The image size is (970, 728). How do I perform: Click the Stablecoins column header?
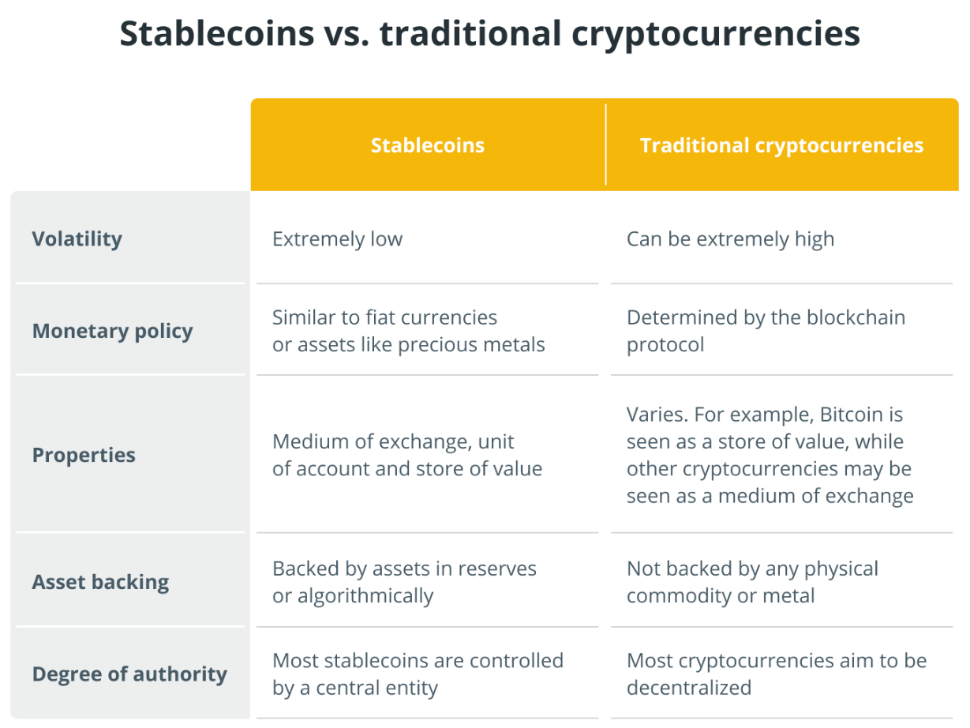(x=428, y=145)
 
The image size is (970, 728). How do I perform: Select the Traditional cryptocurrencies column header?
(x=781, y=145)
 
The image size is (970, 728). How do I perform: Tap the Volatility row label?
(x=77, y=239)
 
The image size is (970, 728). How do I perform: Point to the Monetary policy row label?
(x=112, y=331)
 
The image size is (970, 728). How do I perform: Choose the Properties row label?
(x=84, y=456)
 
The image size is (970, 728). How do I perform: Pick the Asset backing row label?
(x=100, y=583)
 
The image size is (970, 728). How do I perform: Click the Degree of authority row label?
(x=129, y=674)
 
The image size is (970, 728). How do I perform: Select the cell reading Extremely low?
(x=337, y=239)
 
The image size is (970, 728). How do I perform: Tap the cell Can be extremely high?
(x=730, y=239)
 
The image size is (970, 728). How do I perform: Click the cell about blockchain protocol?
(x=766, y=331)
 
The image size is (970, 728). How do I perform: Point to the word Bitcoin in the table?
(x=851, y=415)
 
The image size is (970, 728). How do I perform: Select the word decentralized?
(x=689, y=688)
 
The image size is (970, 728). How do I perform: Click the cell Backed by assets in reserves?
(x=404, y=582)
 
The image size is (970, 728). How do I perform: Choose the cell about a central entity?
(x=418, y=674)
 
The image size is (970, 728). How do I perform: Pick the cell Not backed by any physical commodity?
(x=752, y=582)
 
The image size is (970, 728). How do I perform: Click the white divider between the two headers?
(x=606, y=144)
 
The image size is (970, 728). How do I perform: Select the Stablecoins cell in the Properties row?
(x=407, y=456)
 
